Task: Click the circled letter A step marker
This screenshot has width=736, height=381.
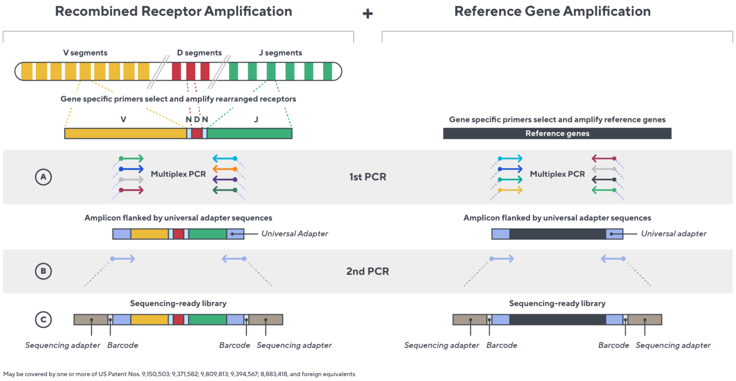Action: [43, 177]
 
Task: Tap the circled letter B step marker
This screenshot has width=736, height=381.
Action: [43, 271]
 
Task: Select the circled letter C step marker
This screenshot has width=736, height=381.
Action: [43, 320]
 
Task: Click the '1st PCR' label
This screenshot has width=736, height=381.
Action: [368, 177]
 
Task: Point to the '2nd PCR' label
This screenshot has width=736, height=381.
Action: [368, 271]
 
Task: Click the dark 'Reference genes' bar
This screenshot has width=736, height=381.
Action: [557, 134]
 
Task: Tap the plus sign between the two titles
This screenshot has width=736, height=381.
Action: [368, 14]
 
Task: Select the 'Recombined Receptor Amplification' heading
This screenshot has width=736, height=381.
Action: [173, 12]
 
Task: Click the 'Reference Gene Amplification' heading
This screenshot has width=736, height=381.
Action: [552, 12]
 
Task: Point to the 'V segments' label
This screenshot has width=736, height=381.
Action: [85, 53]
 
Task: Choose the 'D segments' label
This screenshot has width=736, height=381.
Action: [199, 53]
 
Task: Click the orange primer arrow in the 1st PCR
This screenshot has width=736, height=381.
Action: [225, 169]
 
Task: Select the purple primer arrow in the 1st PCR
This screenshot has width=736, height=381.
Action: [225, 180]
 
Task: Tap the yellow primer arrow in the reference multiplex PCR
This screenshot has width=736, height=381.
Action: [510, 190]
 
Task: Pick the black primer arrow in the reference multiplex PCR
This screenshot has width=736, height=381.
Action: [604, 180]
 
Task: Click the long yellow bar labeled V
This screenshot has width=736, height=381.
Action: [125, 134]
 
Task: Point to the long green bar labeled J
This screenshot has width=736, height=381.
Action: [249, 134]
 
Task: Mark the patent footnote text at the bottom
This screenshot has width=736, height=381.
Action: [179, 374]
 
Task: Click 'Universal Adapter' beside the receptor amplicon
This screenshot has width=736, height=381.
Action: [294, 234]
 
